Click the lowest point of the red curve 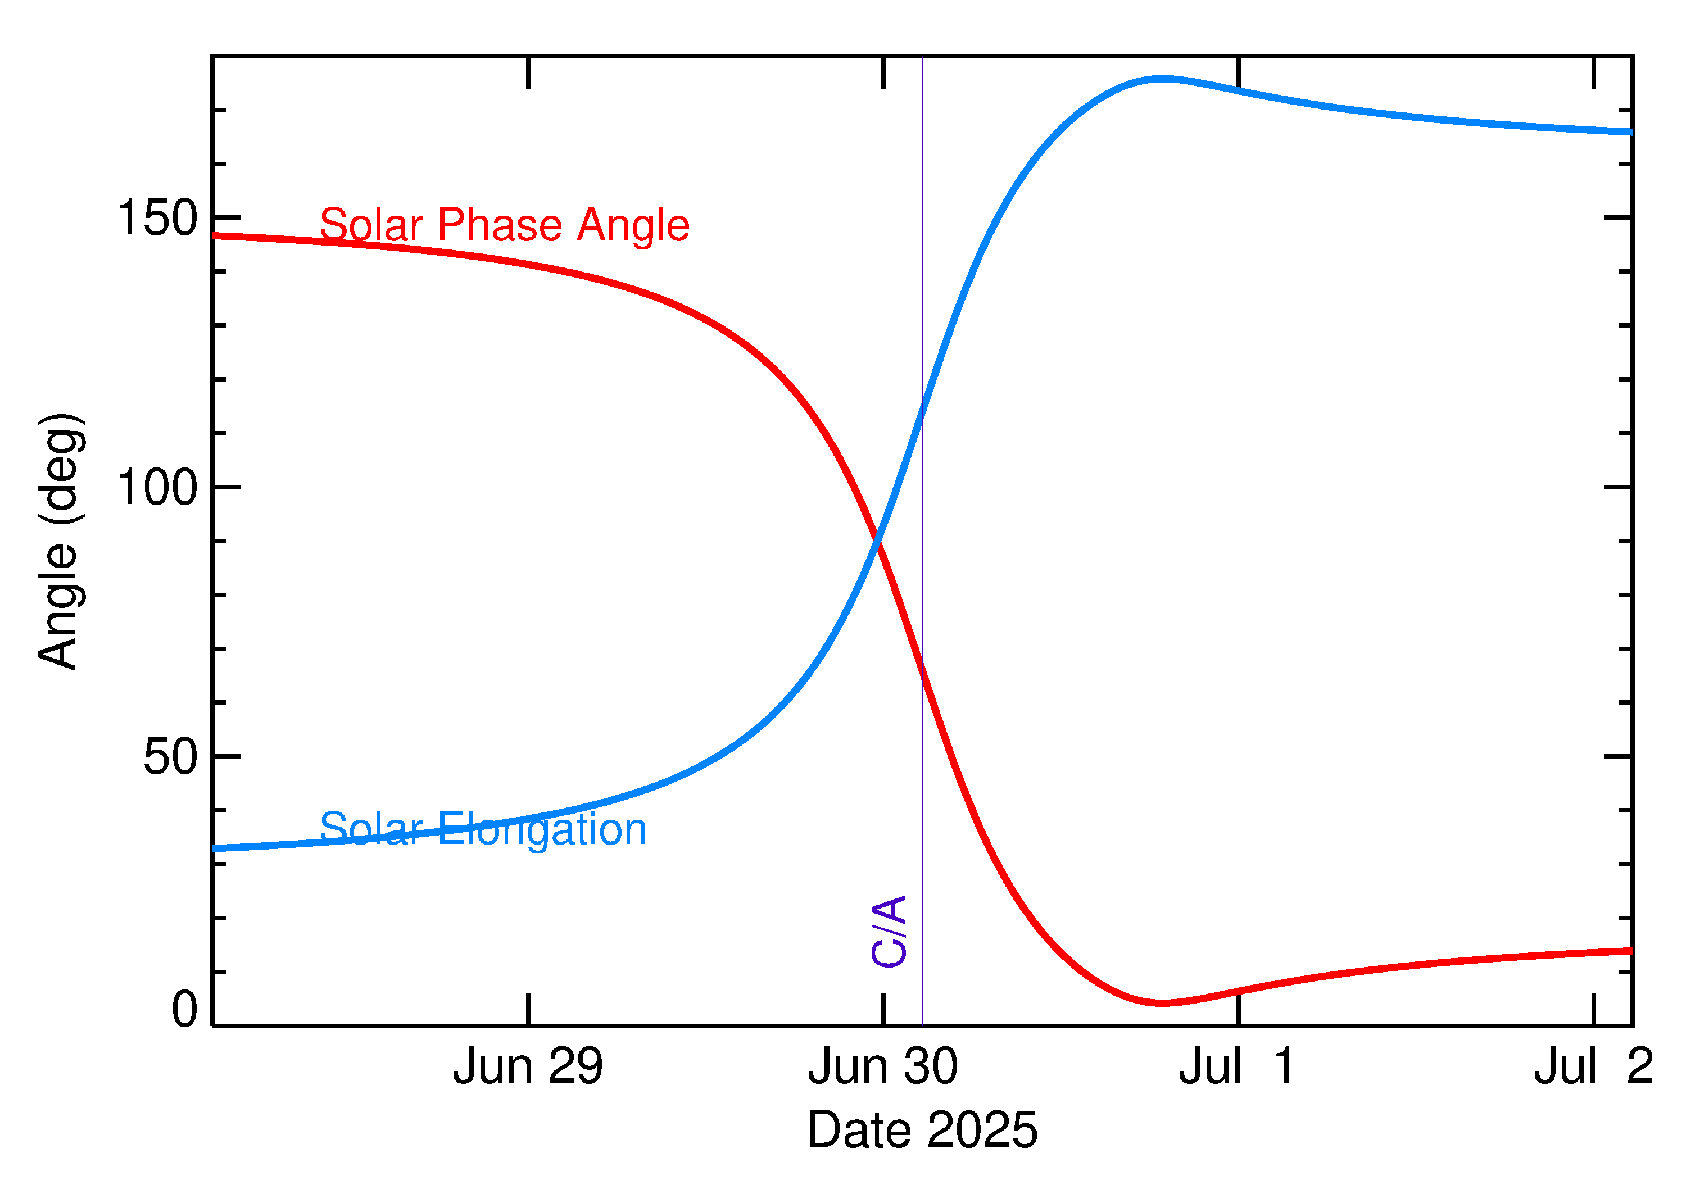(x=1161, y=1003)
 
